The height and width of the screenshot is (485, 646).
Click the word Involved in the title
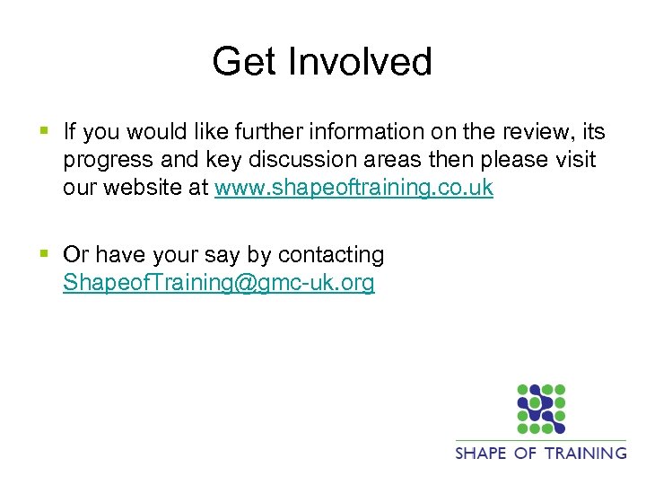pyautogui.click(x=359, y=62)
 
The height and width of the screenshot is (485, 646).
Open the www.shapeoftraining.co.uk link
pyautogui.click(x=354, y=190)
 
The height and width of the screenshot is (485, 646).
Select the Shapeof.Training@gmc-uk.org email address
pyautogui.click(x=219, y=284)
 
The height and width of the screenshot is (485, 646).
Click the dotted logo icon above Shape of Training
pyautogui.click(x=541, y=409)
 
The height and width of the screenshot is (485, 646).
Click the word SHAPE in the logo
pyautogui.click(x=481, y=452)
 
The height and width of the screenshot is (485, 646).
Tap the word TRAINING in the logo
pyautogui.click(x=584, y=452)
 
